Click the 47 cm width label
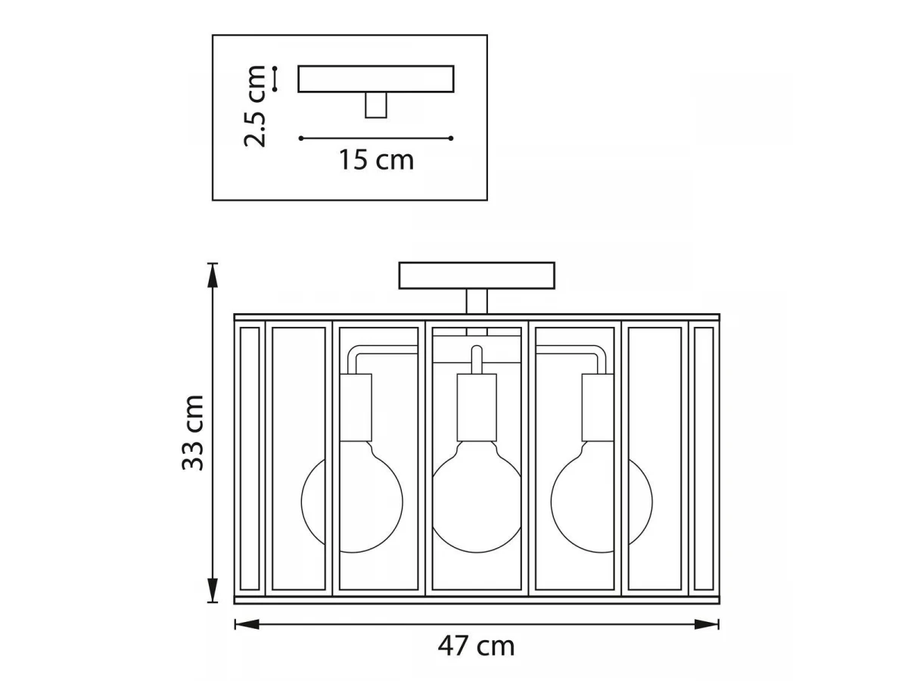(x=476, y=646)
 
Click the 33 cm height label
(x=193, y=433)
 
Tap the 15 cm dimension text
(x=376, y=160)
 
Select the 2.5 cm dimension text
(x=254, y=106)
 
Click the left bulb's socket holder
(x=356, y=408)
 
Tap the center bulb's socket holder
(x=477, y=408)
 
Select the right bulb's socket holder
(x=598, y=408)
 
